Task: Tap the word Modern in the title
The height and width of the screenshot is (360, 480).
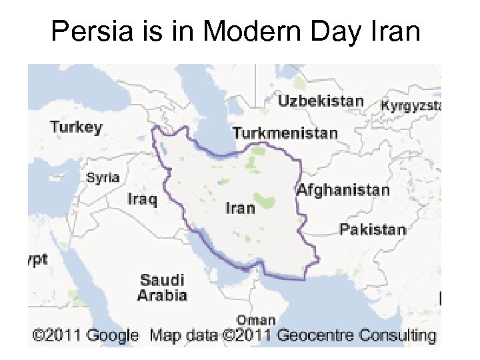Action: point(239,31)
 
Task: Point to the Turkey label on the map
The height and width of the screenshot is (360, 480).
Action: point(77,127)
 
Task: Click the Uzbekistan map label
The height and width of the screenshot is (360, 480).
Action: point(321,102)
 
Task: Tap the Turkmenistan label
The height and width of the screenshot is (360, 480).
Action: point(285,133)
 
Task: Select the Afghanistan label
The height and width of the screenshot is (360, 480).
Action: point(343,190)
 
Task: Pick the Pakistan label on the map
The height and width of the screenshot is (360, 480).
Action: point(372,230)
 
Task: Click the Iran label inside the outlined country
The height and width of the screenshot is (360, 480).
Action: point(240,208)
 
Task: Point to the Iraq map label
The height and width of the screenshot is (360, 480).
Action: point(142,199)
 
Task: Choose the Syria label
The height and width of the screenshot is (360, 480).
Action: point(103,178)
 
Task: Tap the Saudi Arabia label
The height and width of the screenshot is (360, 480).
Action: point(162,287)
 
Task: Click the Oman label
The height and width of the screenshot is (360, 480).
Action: point(256,320)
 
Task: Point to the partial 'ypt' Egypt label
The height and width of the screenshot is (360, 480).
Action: point(37,260)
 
